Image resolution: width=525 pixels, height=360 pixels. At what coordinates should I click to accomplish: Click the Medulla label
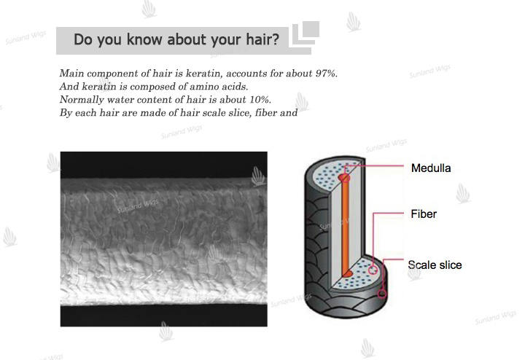coord(431,168)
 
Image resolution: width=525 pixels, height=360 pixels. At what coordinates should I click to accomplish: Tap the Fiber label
coord(424,214)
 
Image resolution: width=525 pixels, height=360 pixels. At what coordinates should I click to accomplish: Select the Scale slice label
coord(435,265)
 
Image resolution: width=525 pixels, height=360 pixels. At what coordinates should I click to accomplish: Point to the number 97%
coord(326,74)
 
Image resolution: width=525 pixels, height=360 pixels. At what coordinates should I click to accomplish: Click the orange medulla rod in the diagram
coord(345,227)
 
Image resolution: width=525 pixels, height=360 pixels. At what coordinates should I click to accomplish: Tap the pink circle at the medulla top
coord(346,178)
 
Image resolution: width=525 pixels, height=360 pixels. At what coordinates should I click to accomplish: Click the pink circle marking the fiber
coord(373,270)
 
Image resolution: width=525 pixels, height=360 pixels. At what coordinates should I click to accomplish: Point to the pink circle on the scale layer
coord(382,294)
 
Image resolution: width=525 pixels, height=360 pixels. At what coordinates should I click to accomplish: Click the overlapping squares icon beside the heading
coord(306,33)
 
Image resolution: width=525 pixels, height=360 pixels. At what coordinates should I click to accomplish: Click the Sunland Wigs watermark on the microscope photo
coord(138,206)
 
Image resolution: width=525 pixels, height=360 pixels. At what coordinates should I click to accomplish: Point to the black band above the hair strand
coord(164,165)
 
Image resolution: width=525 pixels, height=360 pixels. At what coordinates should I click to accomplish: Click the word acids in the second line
coord(235,87)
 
